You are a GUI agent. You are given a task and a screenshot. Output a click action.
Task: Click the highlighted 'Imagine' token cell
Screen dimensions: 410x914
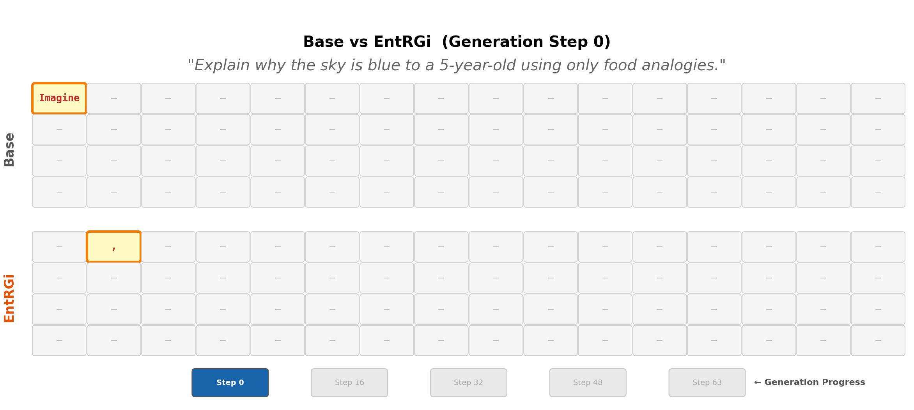59,98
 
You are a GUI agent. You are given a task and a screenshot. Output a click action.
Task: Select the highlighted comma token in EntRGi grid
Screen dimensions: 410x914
114,247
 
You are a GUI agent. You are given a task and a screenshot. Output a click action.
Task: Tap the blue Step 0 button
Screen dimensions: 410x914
230,383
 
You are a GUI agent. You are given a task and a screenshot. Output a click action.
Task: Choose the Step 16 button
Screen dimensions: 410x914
349,383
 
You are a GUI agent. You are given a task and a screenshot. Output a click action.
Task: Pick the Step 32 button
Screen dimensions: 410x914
469,383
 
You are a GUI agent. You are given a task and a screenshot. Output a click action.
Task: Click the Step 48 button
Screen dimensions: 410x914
588,383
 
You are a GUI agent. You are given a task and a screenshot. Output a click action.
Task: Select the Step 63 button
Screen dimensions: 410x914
707,383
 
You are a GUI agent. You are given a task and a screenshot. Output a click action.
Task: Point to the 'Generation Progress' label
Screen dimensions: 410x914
814,382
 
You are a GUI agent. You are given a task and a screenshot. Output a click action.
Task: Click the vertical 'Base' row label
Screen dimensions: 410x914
9,150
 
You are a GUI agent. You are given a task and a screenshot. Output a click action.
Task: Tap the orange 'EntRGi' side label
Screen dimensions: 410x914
9,298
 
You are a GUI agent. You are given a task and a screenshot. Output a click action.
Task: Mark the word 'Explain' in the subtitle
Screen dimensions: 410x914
222,66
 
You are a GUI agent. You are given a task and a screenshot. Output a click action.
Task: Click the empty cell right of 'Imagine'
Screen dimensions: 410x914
114,98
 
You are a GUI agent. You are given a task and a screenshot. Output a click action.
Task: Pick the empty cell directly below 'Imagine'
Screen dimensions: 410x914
59,130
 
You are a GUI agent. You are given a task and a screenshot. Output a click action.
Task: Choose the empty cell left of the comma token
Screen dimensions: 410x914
59,247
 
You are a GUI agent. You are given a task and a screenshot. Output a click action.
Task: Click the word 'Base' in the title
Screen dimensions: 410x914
323,42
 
